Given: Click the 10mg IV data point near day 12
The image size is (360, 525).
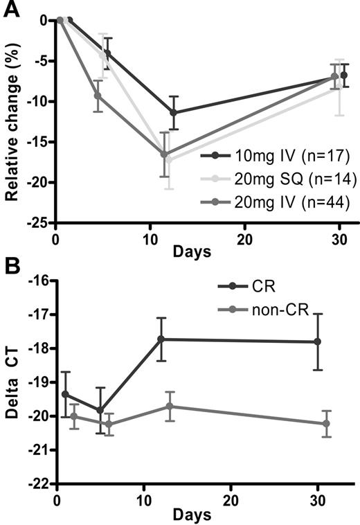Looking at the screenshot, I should click(173, 112).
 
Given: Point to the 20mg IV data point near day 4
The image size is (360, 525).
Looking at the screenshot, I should click(98, 96).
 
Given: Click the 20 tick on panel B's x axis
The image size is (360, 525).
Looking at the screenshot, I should click(231, 499).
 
